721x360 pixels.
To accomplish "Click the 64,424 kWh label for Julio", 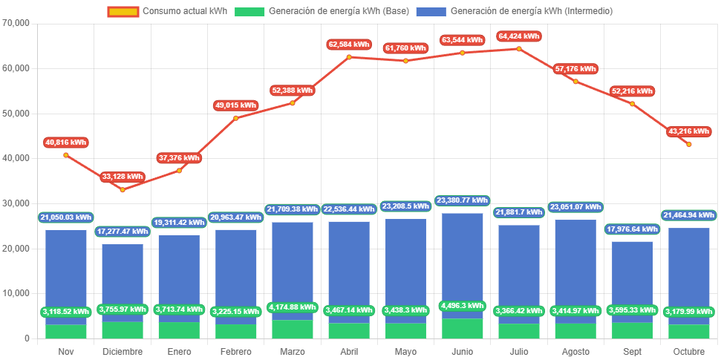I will click(520, 36).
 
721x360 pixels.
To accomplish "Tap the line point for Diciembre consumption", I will click(123, 189).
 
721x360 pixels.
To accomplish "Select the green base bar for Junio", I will click(463, 329).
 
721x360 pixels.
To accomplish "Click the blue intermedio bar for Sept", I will click(633, 275).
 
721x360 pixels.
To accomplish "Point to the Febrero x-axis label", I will click(235, 351).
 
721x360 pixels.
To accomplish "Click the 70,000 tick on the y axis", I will click(16, 23).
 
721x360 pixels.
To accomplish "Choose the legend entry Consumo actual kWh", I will click(167, 11).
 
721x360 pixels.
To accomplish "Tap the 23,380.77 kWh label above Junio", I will click(463, 200).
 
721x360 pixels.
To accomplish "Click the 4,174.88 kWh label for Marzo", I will click(292, 307).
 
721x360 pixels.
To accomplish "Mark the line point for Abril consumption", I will click(349, 56).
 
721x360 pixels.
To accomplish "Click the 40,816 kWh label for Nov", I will click(66, 142).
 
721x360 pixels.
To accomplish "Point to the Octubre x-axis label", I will click(689, 351).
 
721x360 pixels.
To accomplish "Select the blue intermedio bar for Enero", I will click(179, 275).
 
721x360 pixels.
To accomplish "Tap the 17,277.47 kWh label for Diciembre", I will click(123, 232).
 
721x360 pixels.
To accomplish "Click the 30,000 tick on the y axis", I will click(16, 203).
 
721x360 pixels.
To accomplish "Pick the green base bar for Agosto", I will click(575, 331).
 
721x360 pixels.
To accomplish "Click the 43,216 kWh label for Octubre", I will click(689, 131).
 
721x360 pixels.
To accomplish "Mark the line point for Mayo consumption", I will click(405, 60).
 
